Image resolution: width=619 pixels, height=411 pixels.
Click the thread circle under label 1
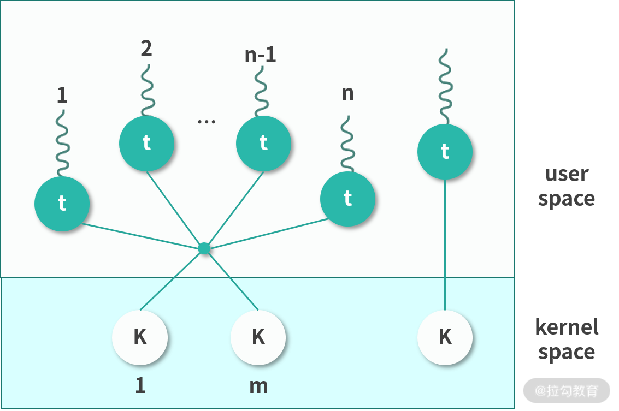pos(62,204)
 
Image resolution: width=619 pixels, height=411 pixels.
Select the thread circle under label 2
pos(146,143)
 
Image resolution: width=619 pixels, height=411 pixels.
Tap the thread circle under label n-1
pos(263,143)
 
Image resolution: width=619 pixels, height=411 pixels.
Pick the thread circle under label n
pos(347,199)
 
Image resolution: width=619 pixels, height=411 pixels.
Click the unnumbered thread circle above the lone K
pos(445,151)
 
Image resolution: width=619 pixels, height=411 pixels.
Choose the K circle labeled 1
pos(140,337)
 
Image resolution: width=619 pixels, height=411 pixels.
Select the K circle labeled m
pos(258,337)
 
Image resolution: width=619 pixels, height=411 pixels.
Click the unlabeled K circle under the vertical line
pos(445,337)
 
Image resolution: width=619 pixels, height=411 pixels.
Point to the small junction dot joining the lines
pos(204,248)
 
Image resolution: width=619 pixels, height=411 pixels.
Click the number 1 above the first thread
pos(62,96)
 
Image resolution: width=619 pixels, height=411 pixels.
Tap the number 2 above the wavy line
pos(146,49)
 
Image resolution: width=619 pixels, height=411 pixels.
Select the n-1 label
pos(261,56)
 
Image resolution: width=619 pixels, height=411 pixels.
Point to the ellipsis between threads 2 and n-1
pos(207,122)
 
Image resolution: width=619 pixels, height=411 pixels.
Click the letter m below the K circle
pos(258,386)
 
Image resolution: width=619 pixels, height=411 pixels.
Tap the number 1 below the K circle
pos(140,386)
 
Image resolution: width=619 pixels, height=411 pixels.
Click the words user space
pos(567,186)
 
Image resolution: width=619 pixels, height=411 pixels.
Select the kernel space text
pos(567,339)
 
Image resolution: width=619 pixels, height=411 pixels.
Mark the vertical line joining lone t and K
pos(445,246)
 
